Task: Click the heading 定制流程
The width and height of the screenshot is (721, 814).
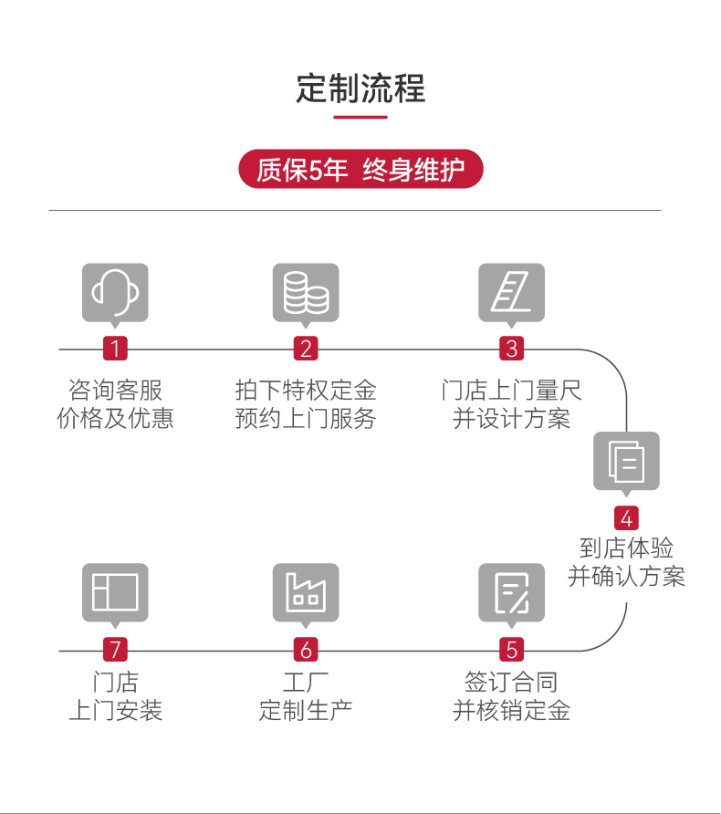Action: tap(360, 89)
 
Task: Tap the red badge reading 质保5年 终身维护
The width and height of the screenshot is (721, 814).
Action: tap(360, 170)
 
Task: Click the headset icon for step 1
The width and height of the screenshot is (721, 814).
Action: tap(115, 292)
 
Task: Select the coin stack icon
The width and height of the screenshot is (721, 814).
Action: tap(306, 292)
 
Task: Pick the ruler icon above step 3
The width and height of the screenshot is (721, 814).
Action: tap(512, 292)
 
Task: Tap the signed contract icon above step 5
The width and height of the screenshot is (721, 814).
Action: tap(512, 592)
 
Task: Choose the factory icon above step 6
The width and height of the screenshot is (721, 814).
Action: tap(306, 592)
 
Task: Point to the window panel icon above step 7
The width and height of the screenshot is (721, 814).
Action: tap(115, 592)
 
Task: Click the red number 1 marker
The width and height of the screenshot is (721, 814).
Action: tap(115, 349)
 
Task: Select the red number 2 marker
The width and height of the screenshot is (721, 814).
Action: tap(306, 349)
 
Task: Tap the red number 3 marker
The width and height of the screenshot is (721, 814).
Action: tap(512, 349)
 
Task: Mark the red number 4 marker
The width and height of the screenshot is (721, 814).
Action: tap(626, 518)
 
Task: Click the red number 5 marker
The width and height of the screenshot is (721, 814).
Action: tap(512, 650)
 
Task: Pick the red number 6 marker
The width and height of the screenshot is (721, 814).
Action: tap(306, 650)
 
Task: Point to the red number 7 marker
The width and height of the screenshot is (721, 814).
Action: tap(115, 650)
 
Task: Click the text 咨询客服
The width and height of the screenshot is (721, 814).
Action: tap(115, 391)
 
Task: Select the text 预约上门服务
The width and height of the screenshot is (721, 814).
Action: tap(306, 419)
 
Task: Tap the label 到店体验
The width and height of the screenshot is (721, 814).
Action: tap(626, 548)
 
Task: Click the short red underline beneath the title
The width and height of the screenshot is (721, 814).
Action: tap(360, 117)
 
